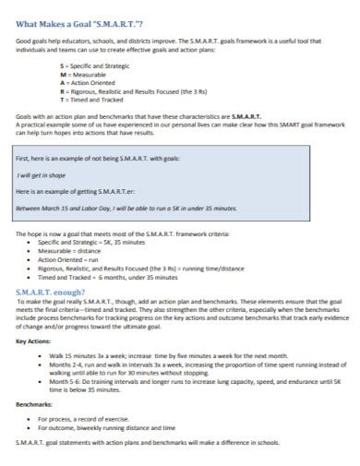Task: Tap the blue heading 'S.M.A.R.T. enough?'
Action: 56,291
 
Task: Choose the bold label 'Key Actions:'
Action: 36,341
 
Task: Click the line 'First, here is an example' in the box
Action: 105,159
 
